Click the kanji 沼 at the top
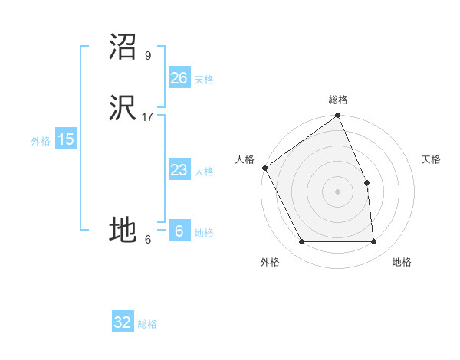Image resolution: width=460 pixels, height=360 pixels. pos(123,47)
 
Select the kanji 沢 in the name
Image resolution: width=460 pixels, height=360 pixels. pos(123,108)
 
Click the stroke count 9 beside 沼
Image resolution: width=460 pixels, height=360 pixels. pos(148,55)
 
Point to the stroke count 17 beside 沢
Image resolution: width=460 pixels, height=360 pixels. pos(148,116)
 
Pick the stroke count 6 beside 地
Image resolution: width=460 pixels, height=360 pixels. pos(148,240)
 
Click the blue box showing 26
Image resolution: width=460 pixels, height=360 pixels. pos(179,78)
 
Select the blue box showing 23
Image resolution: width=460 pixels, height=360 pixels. pos(179,170)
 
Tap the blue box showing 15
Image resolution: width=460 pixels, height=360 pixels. pos(66,139)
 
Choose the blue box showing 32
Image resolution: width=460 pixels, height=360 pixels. pos(123,322)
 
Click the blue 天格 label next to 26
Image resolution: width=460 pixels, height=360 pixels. pos(204,80)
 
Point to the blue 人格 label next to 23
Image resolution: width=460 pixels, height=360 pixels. pos(204,172)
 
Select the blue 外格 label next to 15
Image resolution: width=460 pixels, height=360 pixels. pos(41,141)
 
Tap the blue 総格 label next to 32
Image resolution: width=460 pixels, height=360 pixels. pos(147,324)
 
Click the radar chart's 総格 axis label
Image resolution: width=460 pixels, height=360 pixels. pos(338,100)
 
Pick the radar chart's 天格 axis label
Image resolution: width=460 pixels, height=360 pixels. pos(431,159)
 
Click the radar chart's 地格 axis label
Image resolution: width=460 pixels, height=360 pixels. pos(402,262)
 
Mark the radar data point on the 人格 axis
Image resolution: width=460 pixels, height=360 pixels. pos(264,168)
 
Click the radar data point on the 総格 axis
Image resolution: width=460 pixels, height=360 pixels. pos(338,116)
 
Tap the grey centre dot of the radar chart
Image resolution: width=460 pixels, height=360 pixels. pos(338,191)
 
